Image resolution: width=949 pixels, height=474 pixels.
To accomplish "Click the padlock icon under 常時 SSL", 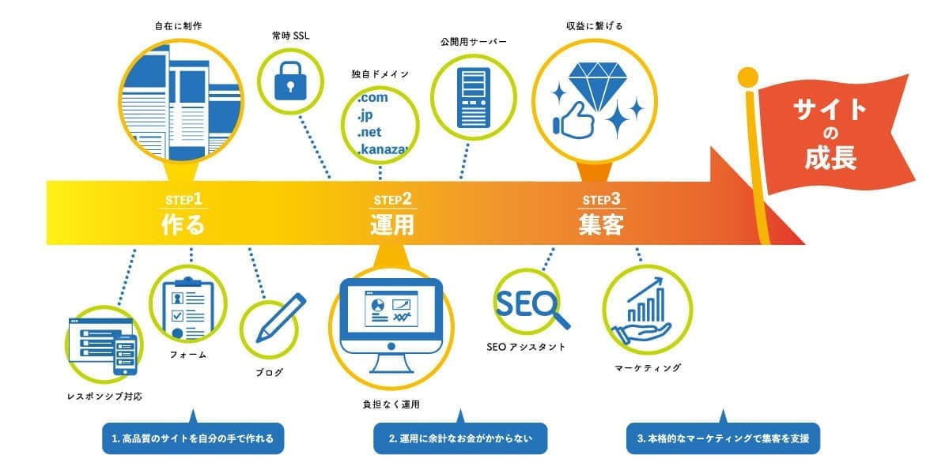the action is click(x=289, y=79).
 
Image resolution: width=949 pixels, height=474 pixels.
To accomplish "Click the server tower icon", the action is click(x=475, y=98).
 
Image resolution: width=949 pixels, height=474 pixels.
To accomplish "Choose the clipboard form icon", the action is click(x=188, y=307).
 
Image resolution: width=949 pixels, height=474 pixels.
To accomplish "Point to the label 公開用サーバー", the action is click(x=474, y=41).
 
